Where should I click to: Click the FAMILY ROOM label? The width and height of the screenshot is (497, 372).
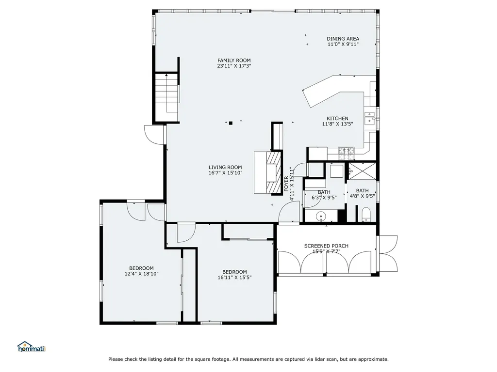(234, 61)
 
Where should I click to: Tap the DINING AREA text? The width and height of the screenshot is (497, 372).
(343, 39)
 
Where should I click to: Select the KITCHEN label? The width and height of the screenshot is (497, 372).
(337, 118)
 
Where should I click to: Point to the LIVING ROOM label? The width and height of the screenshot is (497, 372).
(225, 167)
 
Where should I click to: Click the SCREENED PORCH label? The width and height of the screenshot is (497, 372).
(326, 246)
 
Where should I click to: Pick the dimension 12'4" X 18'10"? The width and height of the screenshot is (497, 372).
(141, 274)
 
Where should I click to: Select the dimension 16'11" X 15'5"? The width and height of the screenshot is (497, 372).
(234, 278)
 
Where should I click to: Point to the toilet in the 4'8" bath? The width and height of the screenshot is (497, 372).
(366, 214)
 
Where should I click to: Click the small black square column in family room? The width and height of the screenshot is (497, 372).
(231, 123)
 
